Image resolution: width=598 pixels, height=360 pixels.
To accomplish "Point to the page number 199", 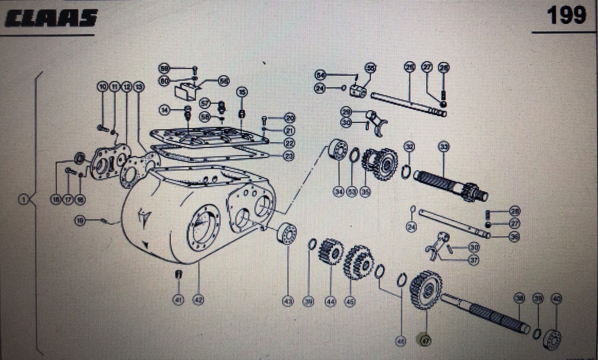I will pos(566,16).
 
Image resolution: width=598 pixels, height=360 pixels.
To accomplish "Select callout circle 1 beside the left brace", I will pos(23,199).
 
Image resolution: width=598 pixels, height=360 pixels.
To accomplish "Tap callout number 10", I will pos(102,86).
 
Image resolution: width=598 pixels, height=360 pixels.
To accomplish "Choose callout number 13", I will pos(138,86).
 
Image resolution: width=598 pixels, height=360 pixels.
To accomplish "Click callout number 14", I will pos(164,110).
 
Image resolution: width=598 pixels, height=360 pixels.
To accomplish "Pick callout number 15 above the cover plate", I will pos(242,92).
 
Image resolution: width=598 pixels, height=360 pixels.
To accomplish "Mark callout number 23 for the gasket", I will pos(288,156).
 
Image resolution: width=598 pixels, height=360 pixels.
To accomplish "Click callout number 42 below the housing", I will pos(198,301).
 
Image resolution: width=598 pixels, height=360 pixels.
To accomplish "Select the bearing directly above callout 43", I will pos(287,234).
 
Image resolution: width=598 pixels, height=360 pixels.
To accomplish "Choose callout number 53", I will pos(352,192).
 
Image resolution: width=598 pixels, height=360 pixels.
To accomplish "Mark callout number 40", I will pos(557,299).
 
